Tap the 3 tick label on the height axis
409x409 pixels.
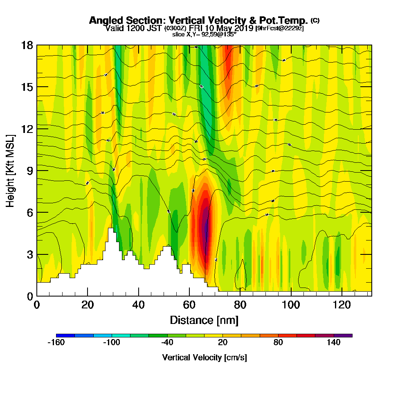(x=30, y=254)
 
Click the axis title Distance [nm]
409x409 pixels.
(x=204, y=320)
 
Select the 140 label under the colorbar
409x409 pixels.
(x=334, y=343)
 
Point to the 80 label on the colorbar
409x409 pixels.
(x=278, y=343)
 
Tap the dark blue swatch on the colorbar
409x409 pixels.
(x=65, y=335)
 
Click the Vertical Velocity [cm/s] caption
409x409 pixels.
(x=204, y=357)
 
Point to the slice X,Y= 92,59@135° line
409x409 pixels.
(x=204, y=34)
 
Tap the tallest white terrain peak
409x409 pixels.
(x=110, y=230)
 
